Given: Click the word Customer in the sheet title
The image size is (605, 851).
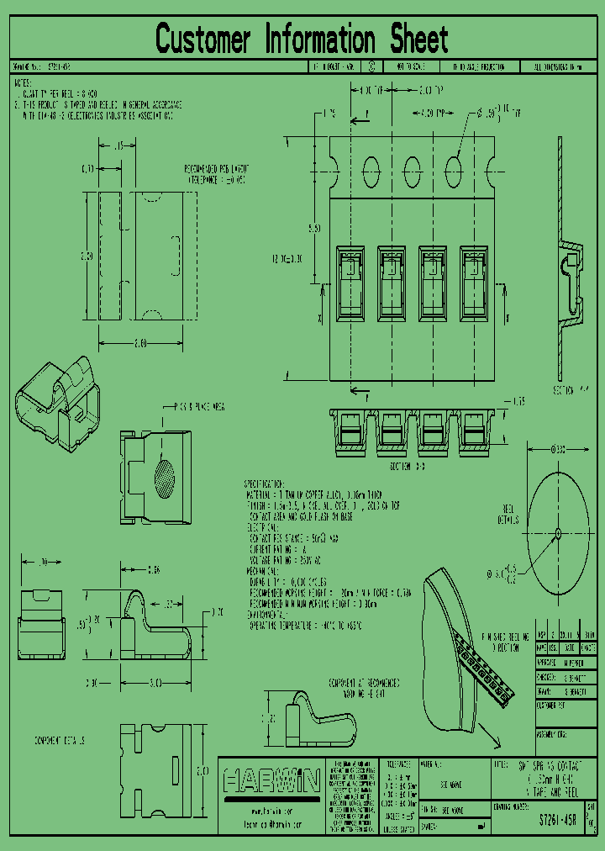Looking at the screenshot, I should click(203, 40).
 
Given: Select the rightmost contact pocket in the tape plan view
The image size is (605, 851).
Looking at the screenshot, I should click(475, 283).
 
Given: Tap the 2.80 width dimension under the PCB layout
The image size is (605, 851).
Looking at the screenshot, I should click(140, 343).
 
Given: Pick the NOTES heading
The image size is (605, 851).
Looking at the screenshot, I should click(22, 84).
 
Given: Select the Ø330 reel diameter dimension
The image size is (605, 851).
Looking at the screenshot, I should click(558, 450).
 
